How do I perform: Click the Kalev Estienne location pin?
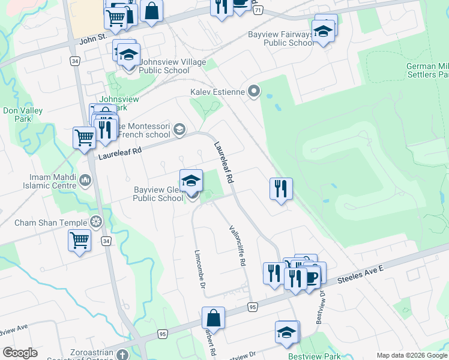coord(255,92)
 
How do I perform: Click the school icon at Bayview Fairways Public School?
coord(323,32)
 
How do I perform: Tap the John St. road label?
coord(93,39)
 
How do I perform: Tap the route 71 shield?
coord(258,11)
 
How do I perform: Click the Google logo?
coord(20,353)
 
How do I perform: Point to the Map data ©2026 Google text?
coord(412,355)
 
